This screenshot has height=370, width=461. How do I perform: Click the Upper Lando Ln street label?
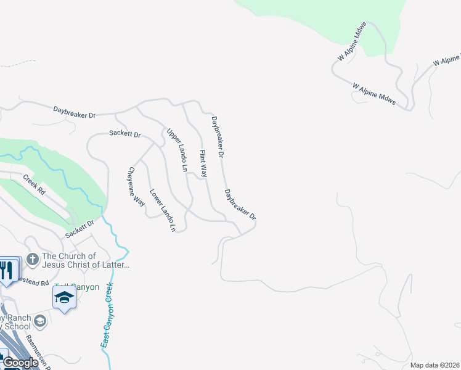tap(176, 150)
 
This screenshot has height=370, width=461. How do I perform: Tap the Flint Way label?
tap(202, 164)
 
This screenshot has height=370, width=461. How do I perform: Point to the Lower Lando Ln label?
tap(163, 210)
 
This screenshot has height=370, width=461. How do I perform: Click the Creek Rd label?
tap(35, 186)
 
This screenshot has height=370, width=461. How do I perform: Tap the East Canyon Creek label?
tap(108, 315)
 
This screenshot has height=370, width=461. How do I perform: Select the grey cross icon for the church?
tap(33, 258)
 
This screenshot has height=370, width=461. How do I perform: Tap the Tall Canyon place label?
tap(76, 287)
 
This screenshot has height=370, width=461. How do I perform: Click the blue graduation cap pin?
tap(64, 298)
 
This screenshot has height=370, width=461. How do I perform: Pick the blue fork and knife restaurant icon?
tap(7, 270)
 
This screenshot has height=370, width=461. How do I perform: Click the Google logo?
tap(20, 363)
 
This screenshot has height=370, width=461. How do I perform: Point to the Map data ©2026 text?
tap(434, 365)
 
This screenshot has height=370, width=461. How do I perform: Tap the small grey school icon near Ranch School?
tap(40, 321)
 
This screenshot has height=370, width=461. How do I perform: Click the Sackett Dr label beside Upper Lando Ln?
tap(125, 133)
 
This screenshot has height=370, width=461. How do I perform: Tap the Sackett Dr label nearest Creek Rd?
tap(80, 231)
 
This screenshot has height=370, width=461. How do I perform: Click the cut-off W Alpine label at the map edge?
tap(446, 60)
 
